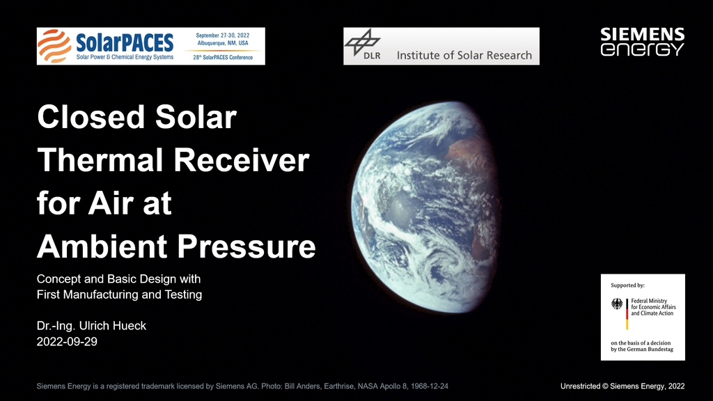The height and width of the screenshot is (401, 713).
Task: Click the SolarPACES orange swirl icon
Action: (x=54, y=46)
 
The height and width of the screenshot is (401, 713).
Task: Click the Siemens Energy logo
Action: (x=642, y=42)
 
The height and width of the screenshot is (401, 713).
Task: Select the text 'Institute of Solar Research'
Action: (x=464, y=56)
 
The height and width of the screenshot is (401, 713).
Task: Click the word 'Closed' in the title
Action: (x=91, y=117)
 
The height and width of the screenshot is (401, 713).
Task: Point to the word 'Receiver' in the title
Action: (x=241, y=160)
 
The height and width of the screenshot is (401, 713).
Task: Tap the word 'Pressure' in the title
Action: (x=246, y=246)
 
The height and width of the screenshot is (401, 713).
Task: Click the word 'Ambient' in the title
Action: (x=102, y=246)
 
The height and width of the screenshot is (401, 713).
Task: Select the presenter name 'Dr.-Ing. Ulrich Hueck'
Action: (x=91, y=326)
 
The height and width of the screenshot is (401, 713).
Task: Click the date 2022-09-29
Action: (x=67, y=342)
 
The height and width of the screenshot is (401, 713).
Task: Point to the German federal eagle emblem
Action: (x=617, y=304)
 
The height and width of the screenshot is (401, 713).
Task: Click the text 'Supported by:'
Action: (x=627, y=285)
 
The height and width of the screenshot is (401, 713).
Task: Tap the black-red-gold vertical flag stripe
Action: (x=627, y=314)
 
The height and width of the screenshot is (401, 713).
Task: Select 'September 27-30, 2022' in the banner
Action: (x=223, y=36)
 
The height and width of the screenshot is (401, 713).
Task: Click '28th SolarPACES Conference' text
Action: (x=223, y=57)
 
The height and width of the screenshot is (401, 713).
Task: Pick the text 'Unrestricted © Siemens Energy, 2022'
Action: (x=622, y=386)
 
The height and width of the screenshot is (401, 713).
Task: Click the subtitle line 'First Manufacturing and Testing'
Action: (x=119, y=294)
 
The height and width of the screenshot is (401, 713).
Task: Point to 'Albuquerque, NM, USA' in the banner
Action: (x=223, y=43)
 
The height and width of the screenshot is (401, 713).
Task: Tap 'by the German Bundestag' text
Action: (x=641, y=349)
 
